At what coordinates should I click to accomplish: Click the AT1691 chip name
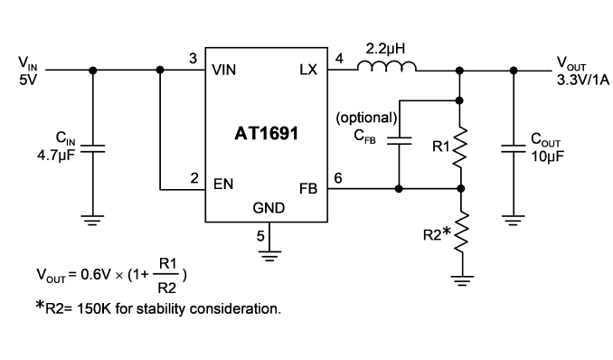tap(266, 134)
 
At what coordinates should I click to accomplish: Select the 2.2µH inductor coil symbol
tap(387, 67)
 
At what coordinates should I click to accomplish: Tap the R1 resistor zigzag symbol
tap(460, 147)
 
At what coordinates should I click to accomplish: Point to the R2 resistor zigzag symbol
tap(462, 232)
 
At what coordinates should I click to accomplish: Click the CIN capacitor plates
tap(92, 148)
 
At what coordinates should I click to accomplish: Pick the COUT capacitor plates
tap(514, 148)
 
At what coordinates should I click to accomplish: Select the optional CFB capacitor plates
tap(399, 141)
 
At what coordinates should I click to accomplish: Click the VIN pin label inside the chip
tap(224, 70)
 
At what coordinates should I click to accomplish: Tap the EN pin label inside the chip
tap(223, 184)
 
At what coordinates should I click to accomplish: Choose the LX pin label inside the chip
tap(308, 70)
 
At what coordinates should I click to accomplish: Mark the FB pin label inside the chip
tap(308, 189)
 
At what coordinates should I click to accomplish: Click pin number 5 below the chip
tap(260, 236)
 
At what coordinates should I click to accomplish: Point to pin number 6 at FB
tap(338, 178)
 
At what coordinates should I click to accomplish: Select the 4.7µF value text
tap(56, 156)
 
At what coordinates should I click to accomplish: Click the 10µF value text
tap(547, 156)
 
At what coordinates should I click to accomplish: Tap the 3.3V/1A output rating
tap(583, 80)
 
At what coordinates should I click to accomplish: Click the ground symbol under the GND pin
tap(269, 256)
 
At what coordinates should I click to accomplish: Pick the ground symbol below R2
tap(463, 281)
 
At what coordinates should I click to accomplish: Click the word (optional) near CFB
tap(367, 118)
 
